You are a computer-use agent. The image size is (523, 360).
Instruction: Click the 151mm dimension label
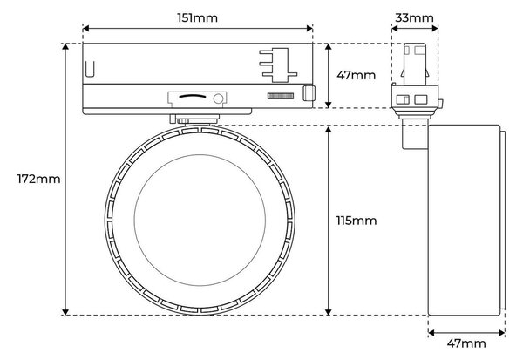coord(198,17)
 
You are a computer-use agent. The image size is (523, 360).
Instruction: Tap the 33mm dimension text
coord(414,17)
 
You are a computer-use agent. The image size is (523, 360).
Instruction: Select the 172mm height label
coord(38,180)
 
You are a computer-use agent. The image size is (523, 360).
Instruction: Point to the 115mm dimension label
coord(357,221)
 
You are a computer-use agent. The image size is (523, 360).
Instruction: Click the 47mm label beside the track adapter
coord(356,76)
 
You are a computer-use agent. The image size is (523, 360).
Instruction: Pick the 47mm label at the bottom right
coord(466,343)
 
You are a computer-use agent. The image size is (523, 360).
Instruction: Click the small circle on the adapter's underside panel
coord(218,98)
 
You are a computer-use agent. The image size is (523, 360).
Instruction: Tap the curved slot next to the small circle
coord(193,97)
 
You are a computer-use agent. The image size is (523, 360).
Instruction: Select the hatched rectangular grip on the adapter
coord(281,96)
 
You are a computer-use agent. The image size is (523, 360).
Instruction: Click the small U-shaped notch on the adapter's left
coord(90,69)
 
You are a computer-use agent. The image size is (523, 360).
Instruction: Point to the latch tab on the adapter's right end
coord(309,93)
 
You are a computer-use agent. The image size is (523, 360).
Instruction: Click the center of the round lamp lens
coord(200,221)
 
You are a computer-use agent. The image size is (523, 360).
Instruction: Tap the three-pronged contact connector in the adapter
coord(278,65)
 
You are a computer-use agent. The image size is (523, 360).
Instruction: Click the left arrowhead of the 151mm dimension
coord(85,29)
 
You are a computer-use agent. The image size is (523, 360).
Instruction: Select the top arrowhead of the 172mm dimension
coord(65,47)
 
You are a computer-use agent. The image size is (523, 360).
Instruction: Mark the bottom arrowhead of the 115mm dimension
coord(329,311)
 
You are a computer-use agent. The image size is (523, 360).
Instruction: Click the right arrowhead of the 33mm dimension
coord(435,29)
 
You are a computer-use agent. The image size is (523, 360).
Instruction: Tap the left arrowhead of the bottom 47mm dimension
coord(431,333)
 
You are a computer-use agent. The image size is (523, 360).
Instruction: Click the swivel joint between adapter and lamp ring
coord(194,119)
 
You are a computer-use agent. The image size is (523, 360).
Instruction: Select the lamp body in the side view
coord(464,221)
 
